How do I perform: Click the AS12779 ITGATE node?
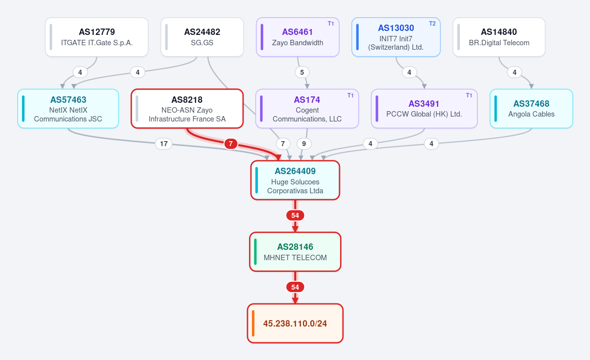pyautogui.click(x=97, y=37)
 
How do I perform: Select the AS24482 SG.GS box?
pyautogui.click(x=202, y=37)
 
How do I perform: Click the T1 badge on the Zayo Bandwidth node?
pyautogui.click(x=331, y=24)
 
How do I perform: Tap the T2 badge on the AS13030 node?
pyautogui.click(x=433, y=24)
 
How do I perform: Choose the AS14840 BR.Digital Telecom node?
pyautogui.click(x=499, y=37)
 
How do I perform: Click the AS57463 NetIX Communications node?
pyautogui.click(x=68, y=109)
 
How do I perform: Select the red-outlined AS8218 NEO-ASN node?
pyautogui.click(x=187, y=109)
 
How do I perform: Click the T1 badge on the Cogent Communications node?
pyautogui.click(x=350, y=95)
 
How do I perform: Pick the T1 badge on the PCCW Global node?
pyautogui.click(x=469, y=95)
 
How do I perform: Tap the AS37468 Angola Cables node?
pyautogui.click(x=531, y=109)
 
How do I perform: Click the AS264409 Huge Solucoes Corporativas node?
pyautogui.click(x=295, y=180)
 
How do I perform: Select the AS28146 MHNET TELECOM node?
pyautogui.click(x=295, y=252)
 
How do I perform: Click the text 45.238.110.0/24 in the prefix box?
pyautogui.click(x=295, y=324)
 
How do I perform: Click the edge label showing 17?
pyautogui.click(x=164, y=144)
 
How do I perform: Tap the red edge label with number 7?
pyautogui.click(x=231, y=144)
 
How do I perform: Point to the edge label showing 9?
pyautogui.click(x=304, y=144)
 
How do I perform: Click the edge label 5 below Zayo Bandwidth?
pyautogui.click(x=302, y=72)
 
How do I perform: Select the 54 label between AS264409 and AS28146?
pyautogui.click(x=295, y=215)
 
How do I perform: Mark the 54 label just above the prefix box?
pyautogui.click(x=295, y=287)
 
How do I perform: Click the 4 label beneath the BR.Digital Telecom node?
pyautogui.click(x=514, y=72)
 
